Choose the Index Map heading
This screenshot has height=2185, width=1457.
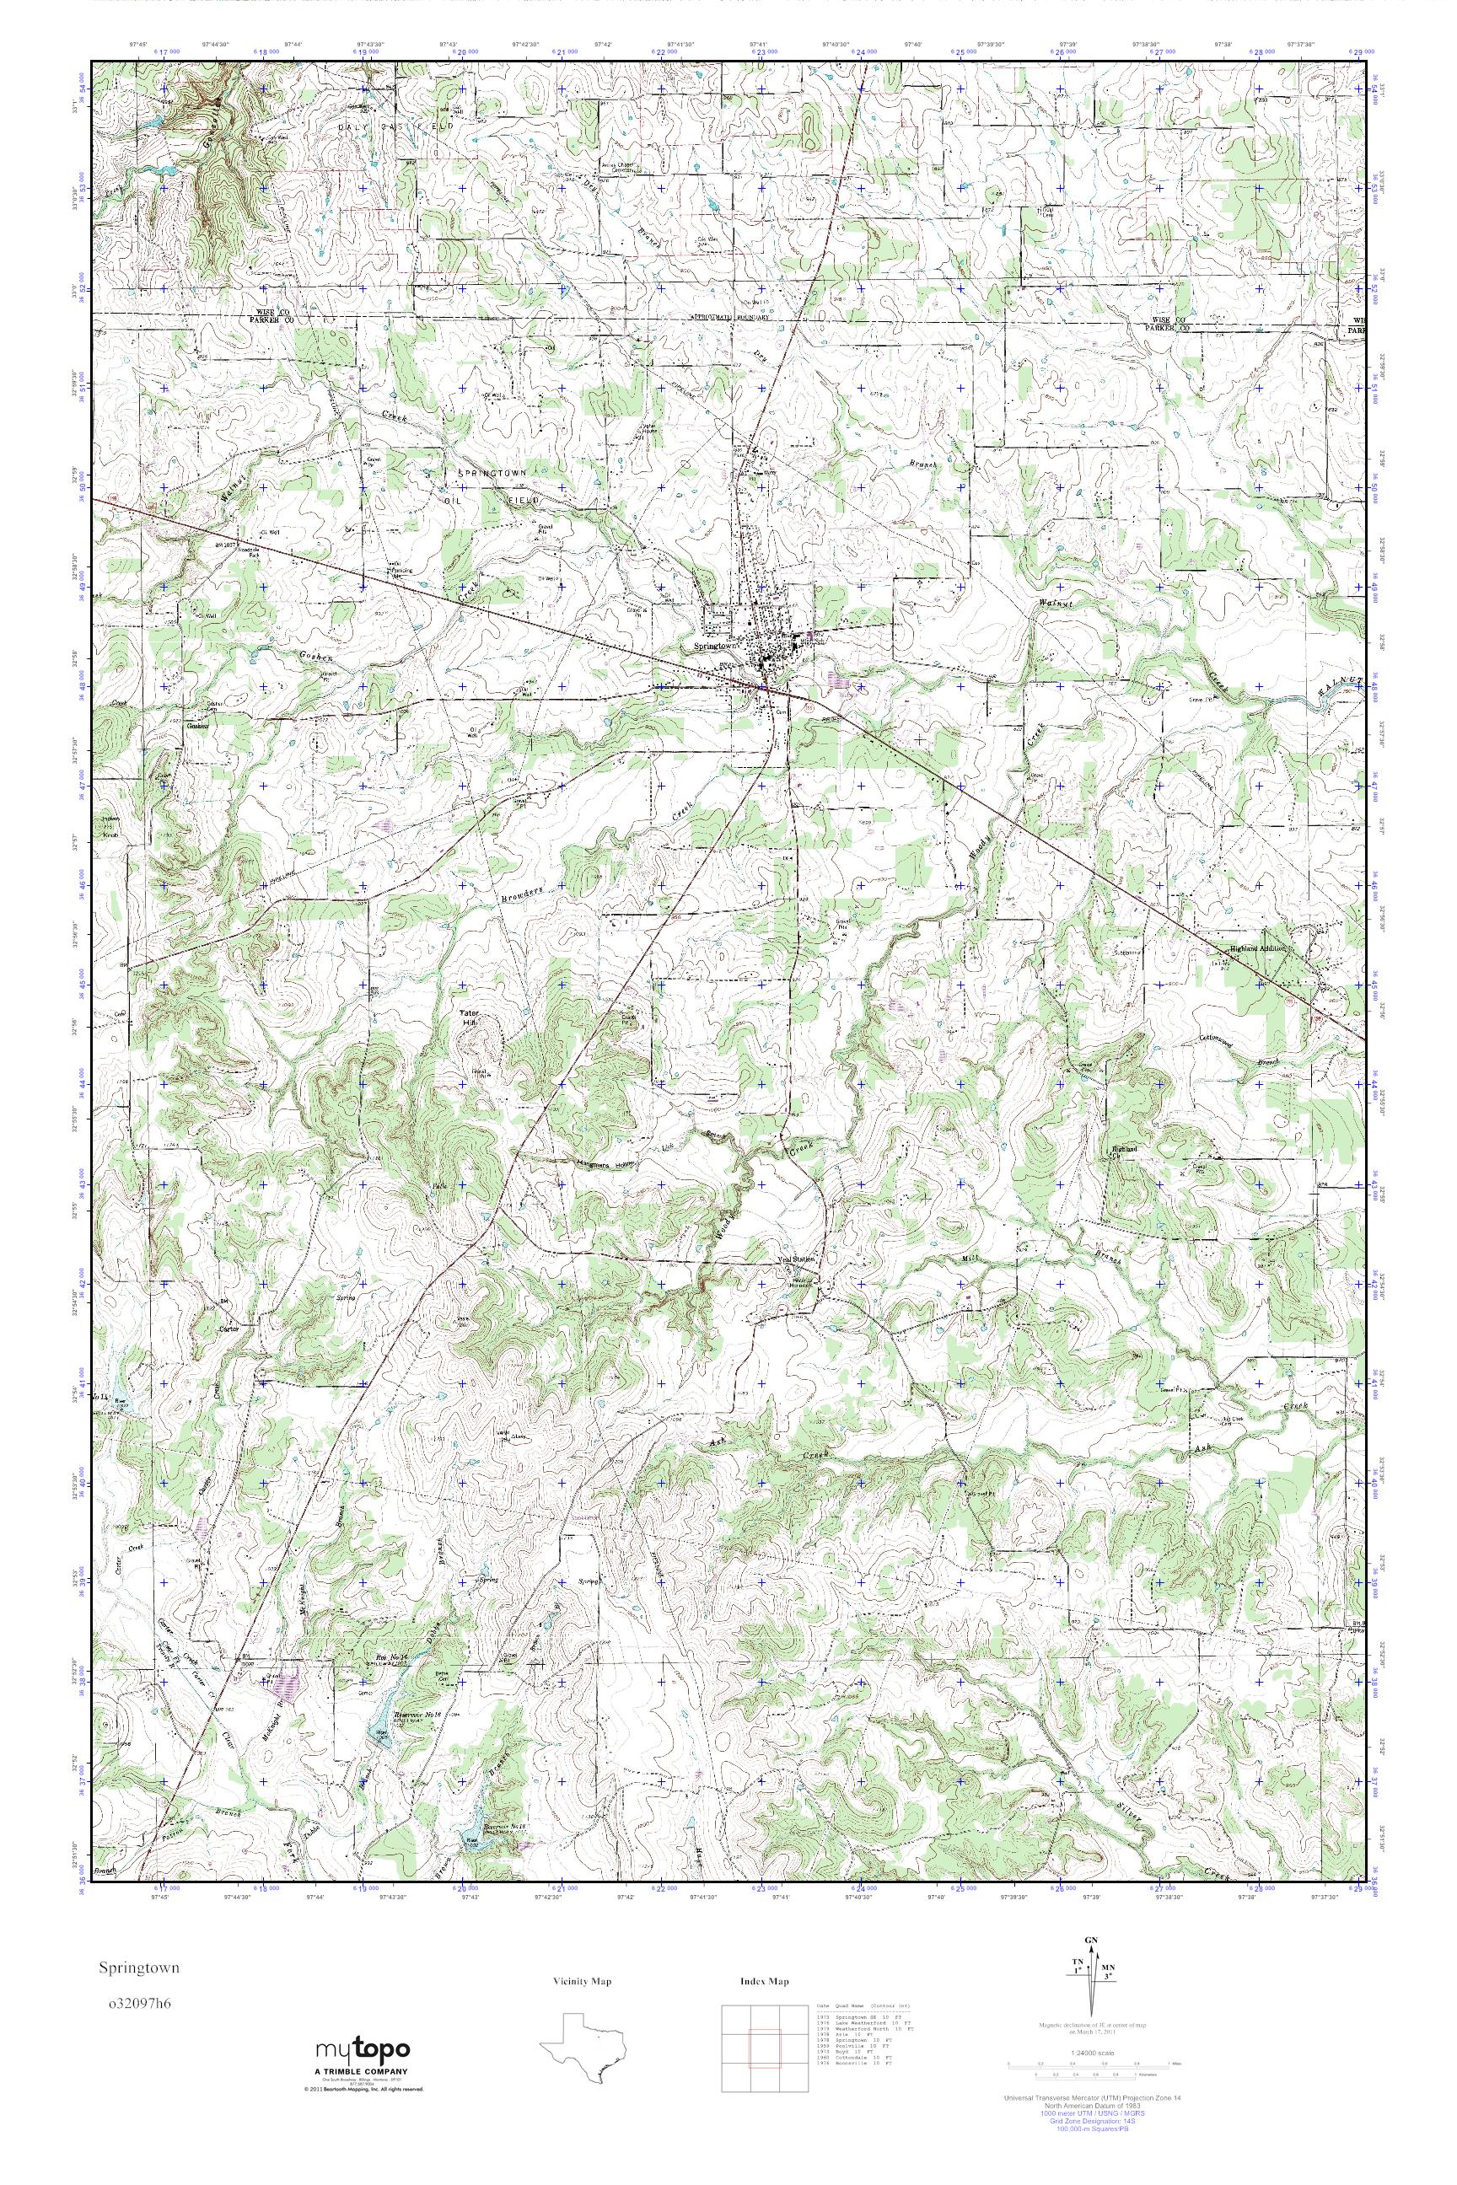point(764,1982)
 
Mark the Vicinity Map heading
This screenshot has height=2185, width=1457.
point(582,1982)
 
